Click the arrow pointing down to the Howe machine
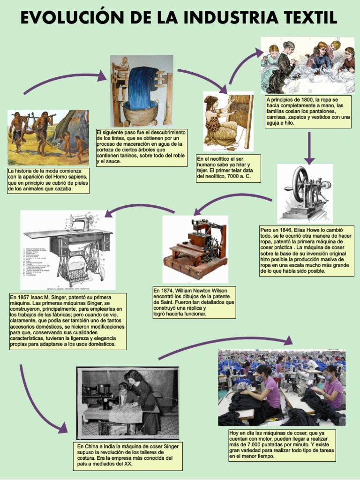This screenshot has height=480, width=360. point(309,148)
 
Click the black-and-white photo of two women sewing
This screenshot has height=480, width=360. point(128,402)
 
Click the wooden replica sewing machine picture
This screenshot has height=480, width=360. point(195,248)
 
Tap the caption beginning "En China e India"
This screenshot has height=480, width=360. point(128,455)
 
